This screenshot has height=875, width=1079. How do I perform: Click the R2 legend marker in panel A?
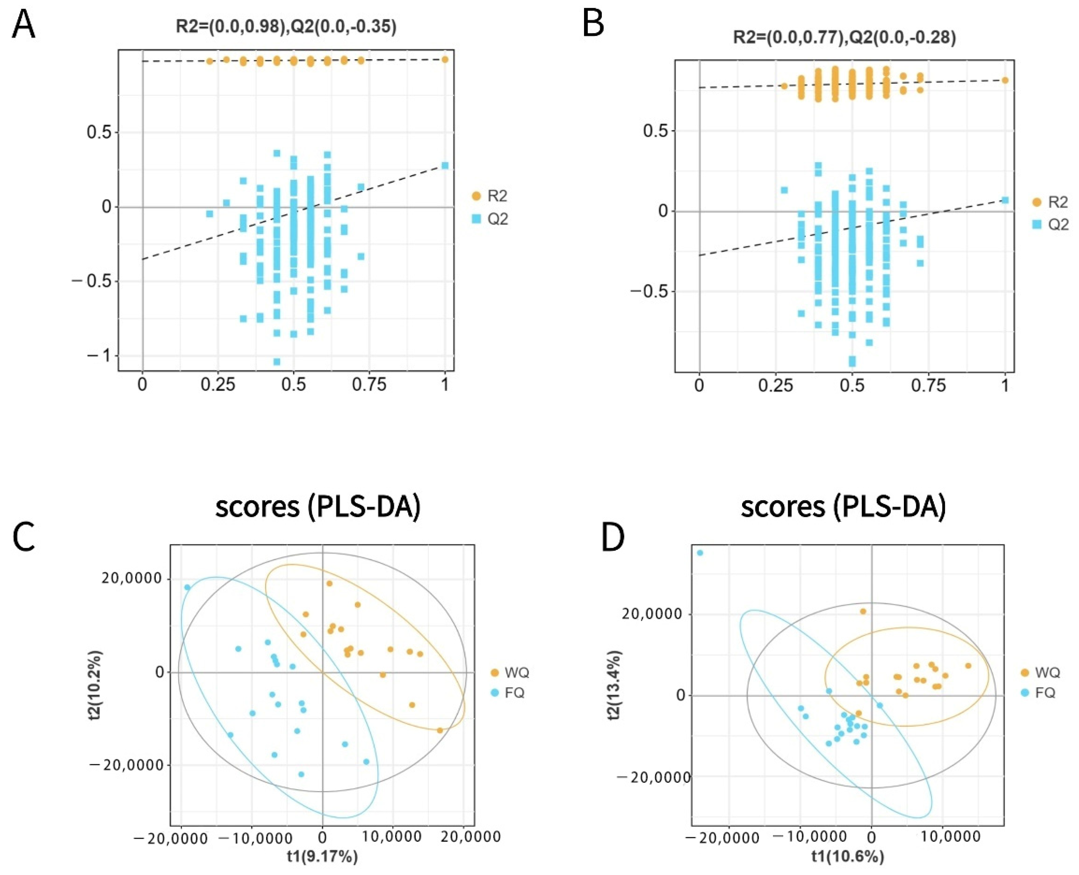click(476, 196)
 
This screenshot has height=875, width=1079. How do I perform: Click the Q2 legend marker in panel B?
click(1036, 224)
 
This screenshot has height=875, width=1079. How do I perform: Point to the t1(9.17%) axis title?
click(322, 856)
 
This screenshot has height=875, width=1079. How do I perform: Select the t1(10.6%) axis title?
click(848, 856)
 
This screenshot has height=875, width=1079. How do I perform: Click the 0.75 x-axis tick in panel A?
click(369, 385)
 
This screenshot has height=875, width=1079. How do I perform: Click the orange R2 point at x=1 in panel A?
click(445, 60)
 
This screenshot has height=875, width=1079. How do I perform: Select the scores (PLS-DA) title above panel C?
click(318, 507)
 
